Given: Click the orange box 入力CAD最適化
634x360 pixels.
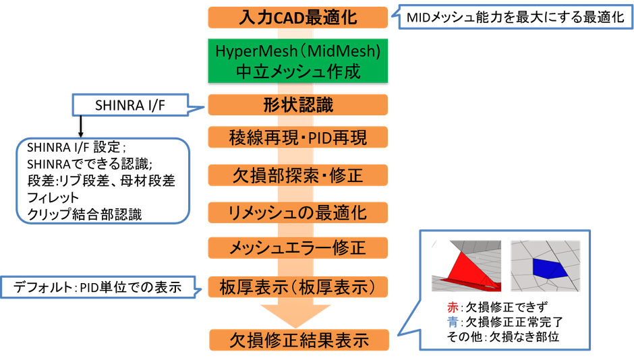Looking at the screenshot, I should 297,18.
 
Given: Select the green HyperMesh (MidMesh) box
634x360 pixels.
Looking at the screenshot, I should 297,60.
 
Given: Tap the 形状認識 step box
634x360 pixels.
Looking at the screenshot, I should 297,105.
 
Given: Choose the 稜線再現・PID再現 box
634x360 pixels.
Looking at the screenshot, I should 297,138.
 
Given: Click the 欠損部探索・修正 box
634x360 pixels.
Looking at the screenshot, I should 297,176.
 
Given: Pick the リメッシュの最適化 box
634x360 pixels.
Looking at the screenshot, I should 297,212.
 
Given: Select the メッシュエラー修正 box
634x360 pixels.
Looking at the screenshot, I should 297,248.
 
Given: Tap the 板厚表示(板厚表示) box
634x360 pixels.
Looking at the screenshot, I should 297,287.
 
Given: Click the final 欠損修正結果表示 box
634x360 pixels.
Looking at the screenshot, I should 297,338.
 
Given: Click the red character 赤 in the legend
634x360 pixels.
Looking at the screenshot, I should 452,307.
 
